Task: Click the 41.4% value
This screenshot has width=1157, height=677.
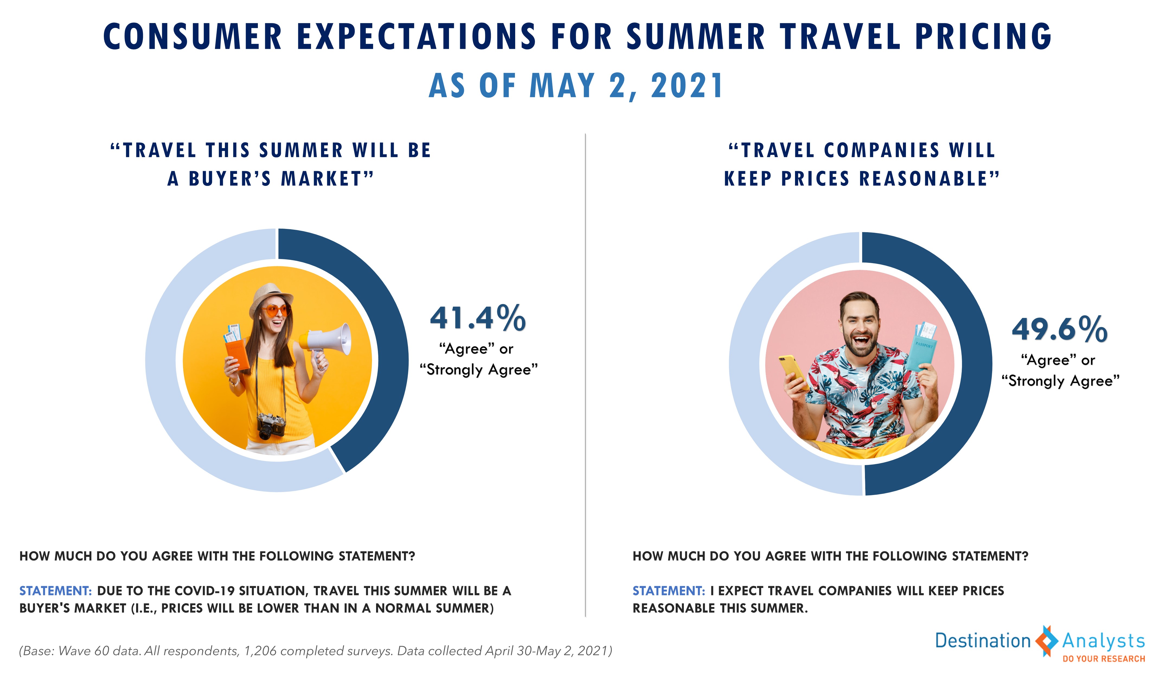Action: [477, 318]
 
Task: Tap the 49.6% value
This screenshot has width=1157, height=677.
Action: [1060, 329]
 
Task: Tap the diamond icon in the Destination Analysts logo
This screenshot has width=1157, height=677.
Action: [1047, 641]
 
